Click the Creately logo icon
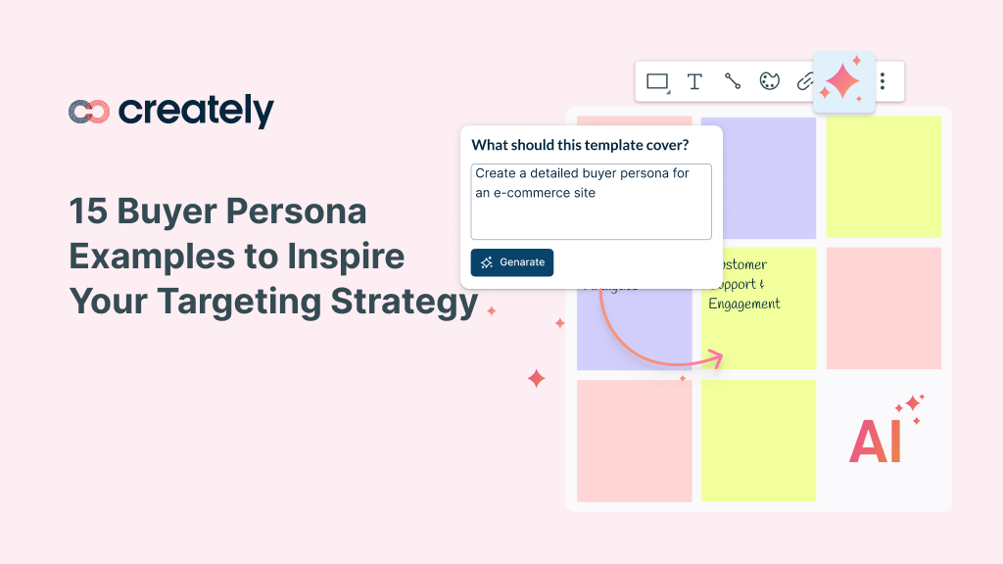pyautogui.click(x=88, y=112)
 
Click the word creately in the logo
pyautogui.click(x=196, y=111)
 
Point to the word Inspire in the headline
pyautogui.click(x=348, y=257)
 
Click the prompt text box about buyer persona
pyautogui.click(x=591, y=201)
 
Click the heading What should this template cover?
pyautogui.click(x=580, y=145)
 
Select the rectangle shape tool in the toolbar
pyautogui.click(x=657, y=82)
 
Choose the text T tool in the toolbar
pyautogui.click(x=694, y=82)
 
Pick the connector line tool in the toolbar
pyautogui.click(x=732, y=82)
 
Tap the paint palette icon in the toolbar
pyautogui.click(x=769, y=82)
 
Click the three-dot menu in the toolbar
pyautogui.click(x=884, y=81)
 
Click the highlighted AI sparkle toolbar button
pyautogui.click(x=842, y=81)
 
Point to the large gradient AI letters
pyautogui.click(x=875, y=442)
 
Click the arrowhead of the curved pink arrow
pyautogui.click(x=716, y=355)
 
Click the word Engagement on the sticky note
pyautogui.click(x=744, y=304)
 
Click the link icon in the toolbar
pyautogui.click(x=804, y=82)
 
